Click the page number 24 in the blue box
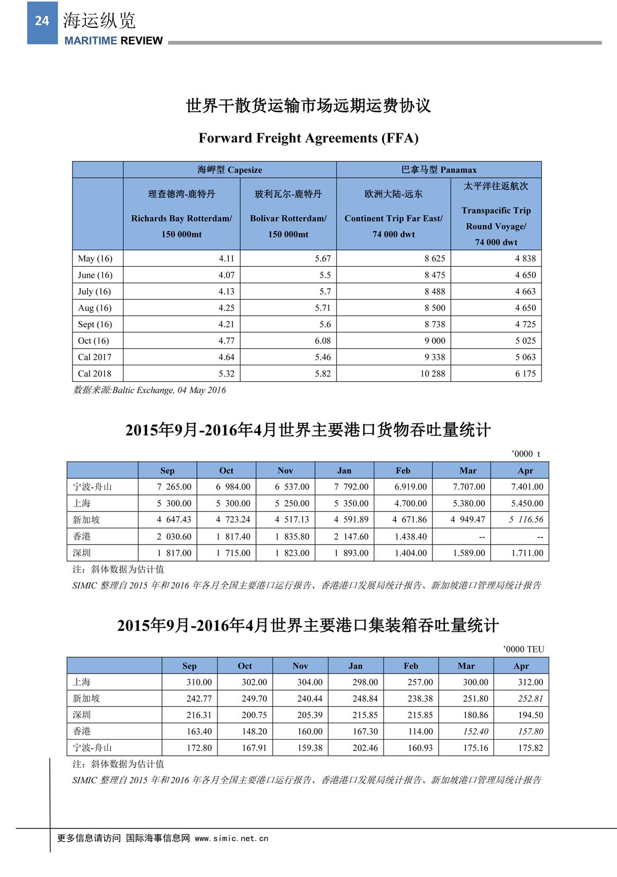click(x=42, y=21)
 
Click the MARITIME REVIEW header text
click(x=113, y=41)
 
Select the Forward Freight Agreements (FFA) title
click(x=308, y=138)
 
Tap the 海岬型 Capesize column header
click(x=230, y=170)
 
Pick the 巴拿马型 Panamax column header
click(x=439, y=170)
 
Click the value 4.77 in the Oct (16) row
click(x=226, y=341)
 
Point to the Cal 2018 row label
click(x=95, y=374)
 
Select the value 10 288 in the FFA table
click(x=432, y=374)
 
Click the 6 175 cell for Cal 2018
click(x=525, y=374)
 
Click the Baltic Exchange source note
click(x=149, y=390)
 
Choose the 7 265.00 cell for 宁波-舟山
click(x=174, y=487)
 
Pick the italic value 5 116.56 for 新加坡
click(x=525, y=519)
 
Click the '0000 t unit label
click(x=525, y=454)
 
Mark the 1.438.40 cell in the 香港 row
click(x=410, y=536)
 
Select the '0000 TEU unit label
click(x=523, y=649)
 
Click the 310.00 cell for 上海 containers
click(x=199, y=682)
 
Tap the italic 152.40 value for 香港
click(x=476, y=731)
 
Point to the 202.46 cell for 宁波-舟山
click(x=365, y=748)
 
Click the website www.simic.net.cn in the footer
click(x=231, y=838)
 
